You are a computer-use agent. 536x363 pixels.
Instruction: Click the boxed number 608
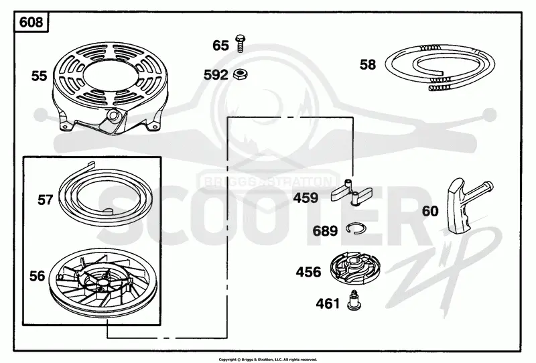(31, 22)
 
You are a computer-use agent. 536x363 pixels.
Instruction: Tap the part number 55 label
(39, 76)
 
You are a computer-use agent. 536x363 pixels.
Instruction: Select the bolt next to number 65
(240, 44)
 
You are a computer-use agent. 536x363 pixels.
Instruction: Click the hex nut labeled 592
(241, 74)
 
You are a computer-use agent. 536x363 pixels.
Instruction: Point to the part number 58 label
(367, 64)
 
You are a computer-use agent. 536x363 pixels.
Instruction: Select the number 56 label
(37, 276)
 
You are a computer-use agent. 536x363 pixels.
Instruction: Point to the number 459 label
(306, 198)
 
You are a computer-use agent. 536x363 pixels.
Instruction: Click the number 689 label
(325, 231)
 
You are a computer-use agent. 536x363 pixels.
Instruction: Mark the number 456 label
(308, 272)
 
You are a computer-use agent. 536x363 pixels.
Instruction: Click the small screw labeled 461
(354, 301)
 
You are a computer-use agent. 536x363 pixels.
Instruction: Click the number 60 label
(430, 211)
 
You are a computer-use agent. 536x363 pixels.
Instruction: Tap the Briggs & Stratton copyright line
(267, 359)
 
